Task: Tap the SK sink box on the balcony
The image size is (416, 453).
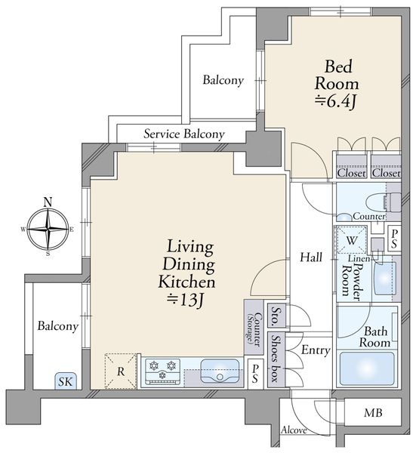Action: (x=66, y=381)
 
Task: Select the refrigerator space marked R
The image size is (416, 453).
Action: (x=121, y=371)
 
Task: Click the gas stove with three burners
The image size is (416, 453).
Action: (x=162, y=371)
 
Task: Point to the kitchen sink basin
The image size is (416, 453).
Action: (x=220, y=371)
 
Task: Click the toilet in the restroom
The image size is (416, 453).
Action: (x=383, y=202)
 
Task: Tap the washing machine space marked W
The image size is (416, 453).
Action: (x=351, y=240)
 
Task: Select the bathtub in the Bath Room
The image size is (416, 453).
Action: (x=367, y=369)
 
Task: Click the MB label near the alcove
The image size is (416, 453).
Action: (x=373, y=412)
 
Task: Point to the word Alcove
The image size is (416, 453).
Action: (x=294, y=430)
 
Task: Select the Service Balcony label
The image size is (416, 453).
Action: (x=184, y=134)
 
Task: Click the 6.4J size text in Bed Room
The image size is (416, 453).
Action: (x=336, y=101)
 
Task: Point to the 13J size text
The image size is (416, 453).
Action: (x=186, y=300)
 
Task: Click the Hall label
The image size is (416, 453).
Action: (x=311, y=257)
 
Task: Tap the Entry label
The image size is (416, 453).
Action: (x=316, y=350)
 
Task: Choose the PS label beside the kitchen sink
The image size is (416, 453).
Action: (x=255, y=374)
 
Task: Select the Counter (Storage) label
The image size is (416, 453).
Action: (x=254, y=329)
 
